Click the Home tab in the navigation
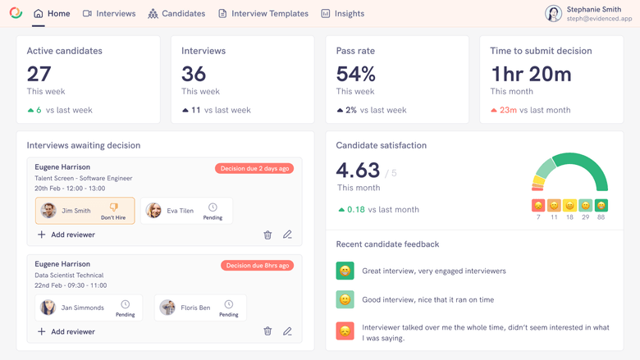pyautogui.click(x=52, y=14)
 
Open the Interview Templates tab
pyautogui.click(x=263, y=14)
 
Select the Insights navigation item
pyautogui.click(x=342, y=14)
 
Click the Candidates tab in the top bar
pyautogui.click(x=176, y=14)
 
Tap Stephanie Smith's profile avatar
pyautogui.click(x=553, y=13)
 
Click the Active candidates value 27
pyautogui.click(x=39, y=74)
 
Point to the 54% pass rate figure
pyautogui.click(x=355, y=74)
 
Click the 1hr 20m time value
pyautogui.click(x=530, y=74)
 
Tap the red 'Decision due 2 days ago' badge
pyautogui.click(x=254, y=168)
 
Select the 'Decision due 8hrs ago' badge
pyautogui.click(x=257, y=266)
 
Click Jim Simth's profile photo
pyautogui.click(x=49, y=211)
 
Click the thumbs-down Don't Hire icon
pyautogui.click(x=114, y=207)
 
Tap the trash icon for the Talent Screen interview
pyautogui.click(x=267, y=235)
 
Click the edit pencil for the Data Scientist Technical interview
pyautogui.click(x=287, y=331)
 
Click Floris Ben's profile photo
pyautogui.click(x=167, y=308)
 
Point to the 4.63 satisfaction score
pyautogui.click(x=358, y=170)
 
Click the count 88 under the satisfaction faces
pyautogui.click(x=601, y=217)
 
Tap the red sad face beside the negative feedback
pyautogui.click(x=345, y=330)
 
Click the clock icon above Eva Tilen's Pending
pyautogui.click(x=213, y=207)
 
